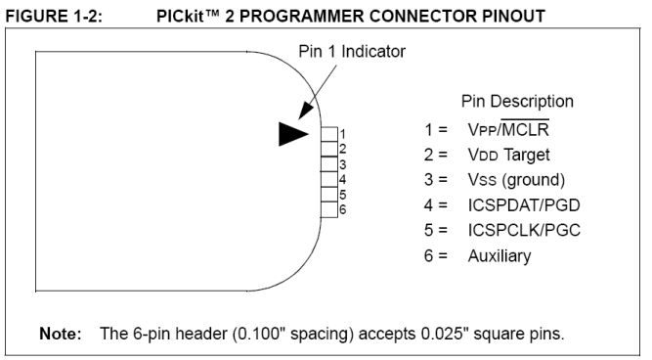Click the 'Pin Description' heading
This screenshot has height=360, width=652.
pos(517,102)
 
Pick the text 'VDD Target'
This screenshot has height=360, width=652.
pos(508,154)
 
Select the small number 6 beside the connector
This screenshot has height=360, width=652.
pos(343,209)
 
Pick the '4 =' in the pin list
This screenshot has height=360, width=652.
pos(431,204)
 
